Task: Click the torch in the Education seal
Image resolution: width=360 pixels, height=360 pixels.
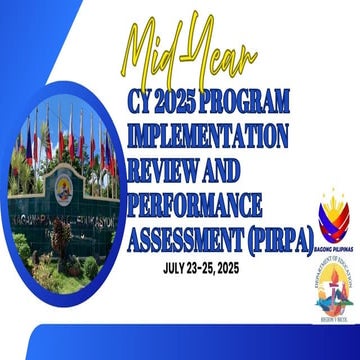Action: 333,290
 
